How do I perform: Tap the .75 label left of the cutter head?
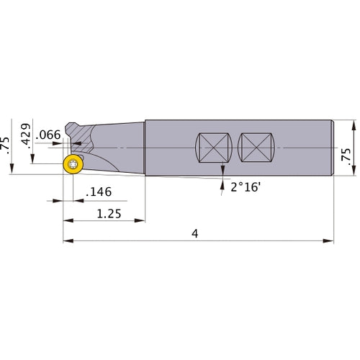click(x=7, y=144)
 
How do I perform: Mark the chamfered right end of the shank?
click(x=331, y=148)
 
